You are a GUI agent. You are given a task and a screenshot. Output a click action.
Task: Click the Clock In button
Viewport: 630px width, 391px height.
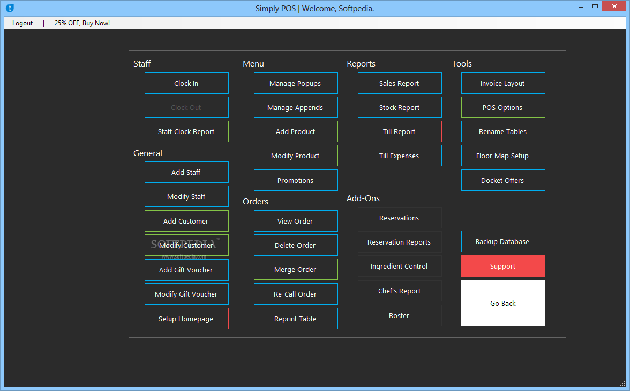click(x=186, y=83)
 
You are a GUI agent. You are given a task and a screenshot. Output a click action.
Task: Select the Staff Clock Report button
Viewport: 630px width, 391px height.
click(x=186, y=131)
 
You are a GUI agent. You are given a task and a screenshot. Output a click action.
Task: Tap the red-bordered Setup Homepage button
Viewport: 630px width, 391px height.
click(x=186, y=319)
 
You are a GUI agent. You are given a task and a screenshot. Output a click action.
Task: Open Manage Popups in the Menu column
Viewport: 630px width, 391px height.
click(x=296, y=83)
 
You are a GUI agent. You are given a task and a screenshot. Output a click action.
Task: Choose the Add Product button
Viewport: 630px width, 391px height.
click(x=296, y=131)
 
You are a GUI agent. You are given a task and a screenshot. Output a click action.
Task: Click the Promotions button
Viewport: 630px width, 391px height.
click(x=296, y=180)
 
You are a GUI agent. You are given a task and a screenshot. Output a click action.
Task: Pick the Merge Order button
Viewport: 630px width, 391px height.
click(x=296, y=269)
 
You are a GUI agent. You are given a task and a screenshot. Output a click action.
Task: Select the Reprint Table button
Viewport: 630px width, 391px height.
click(x=296, y=319)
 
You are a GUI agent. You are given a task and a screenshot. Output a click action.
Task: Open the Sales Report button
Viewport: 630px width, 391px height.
click(x=400, y=83)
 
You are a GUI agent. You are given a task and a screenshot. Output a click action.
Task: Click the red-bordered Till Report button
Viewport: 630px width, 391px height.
click(x=400, y=131)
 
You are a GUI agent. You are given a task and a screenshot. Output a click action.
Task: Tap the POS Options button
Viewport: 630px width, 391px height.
click(x=503, y=107)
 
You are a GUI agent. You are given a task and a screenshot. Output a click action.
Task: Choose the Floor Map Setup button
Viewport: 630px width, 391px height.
click(x=503, y=156)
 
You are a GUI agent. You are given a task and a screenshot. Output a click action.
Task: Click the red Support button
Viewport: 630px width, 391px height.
click(x=503, y=266)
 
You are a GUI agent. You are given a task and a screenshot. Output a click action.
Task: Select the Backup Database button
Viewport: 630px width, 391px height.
click(x=503, y=241)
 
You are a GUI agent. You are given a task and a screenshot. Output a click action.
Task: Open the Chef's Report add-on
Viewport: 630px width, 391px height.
click(x=400, y=291)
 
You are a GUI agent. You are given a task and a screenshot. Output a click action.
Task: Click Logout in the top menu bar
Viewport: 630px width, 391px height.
click(x=22, y=23)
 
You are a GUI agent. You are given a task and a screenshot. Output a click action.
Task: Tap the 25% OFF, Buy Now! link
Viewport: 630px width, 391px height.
click(x=82, y=23)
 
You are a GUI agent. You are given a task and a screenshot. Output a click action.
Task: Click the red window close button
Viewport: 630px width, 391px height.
click(x=614, y=6)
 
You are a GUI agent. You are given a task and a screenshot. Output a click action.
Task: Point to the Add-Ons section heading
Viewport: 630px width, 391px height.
click(x=363, y=198)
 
